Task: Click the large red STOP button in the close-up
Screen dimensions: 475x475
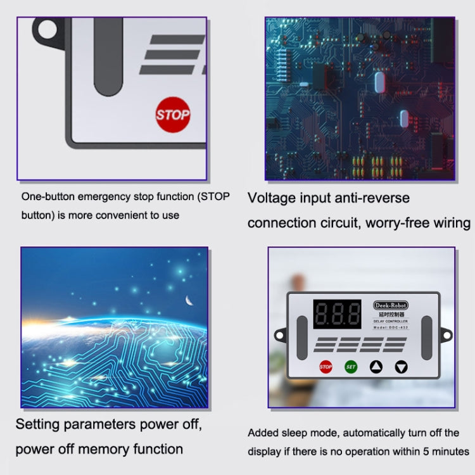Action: click(173, 115)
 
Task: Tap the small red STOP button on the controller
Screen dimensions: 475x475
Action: click(326, 366)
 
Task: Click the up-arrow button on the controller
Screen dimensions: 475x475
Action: click(376, 366)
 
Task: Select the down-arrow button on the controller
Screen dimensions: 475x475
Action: click(402, 366)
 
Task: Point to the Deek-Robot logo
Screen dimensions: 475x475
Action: click(391, 305)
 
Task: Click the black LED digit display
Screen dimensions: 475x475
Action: click(337, 313)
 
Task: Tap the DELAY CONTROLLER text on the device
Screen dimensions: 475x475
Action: click(390, 321)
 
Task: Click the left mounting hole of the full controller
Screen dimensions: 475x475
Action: click(279, 334)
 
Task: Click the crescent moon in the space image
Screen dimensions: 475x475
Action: click(188, 300)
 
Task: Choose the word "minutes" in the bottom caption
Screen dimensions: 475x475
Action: click(448, 451)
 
